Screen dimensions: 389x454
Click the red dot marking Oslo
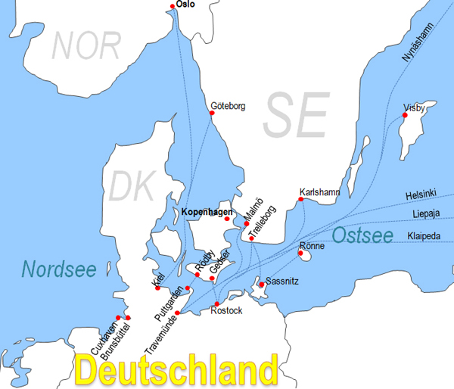[x=173, y=6]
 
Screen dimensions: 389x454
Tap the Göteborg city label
[x=228, y=107]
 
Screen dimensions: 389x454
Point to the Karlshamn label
[x=320, y=192]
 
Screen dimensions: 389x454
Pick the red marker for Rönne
[x=301, y=254]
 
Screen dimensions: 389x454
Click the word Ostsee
[x=363, y=235]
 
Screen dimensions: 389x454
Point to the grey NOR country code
[x=86, y=46]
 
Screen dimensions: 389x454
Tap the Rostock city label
[x=227, y=310]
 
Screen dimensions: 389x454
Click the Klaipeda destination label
[x=424, y=235]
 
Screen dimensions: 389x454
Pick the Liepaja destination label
[x=426, y=214]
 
